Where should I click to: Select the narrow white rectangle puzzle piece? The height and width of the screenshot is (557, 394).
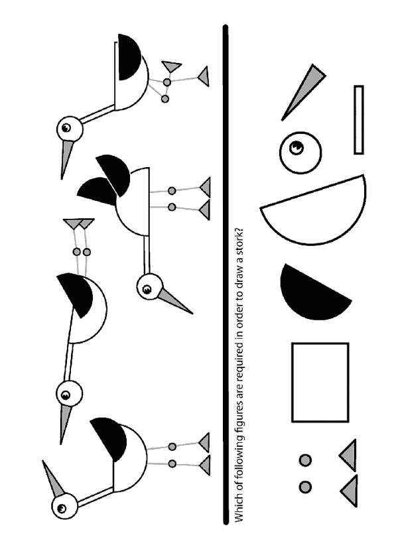(x=358, y=120)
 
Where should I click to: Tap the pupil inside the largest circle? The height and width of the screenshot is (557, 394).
(x=296, y=147)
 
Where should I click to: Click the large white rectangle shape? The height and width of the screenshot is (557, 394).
(x=320, y=382)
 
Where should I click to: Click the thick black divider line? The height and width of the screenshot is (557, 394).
(x=226, y=275)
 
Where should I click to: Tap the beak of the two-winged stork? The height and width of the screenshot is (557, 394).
(x=176, y=301)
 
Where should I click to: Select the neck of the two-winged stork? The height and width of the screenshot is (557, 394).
(x=147, y=255)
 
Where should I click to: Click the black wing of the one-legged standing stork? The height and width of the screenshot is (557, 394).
(x=129, y=57)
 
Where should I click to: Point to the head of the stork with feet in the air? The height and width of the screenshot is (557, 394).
(x=69, y=394)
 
